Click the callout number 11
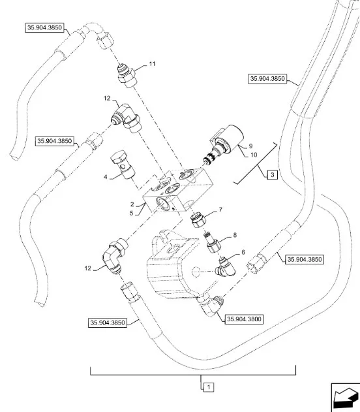click(x=152, y=64)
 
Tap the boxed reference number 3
click(x=273, y=175)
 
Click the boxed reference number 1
click(x=209, y=387)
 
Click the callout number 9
click(x=251, y=146)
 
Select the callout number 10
click(x=254, y=155)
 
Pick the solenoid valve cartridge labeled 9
click(x=224, y=144)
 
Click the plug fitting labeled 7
click(x=198, y=220)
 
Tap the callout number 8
click(x=235, y=235)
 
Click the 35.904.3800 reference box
click(x=244, y=319)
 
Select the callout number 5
click(x=132, y=213)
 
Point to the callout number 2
click(x=132, y=204)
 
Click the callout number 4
click(x=106, y=177)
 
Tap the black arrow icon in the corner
click(x=346, y=397)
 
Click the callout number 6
click(x=243, y=252)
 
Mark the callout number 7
click(x=220, y=210)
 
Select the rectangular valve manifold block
click(x=177, y=190)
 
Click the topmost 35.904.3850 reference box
click(x=44, y=27)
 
